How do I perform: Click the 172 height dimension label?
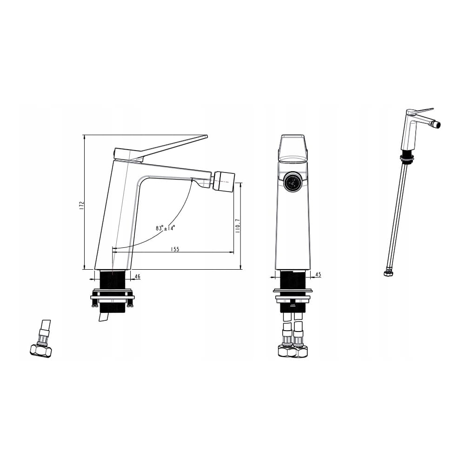pyautogui.click(x=82, y=206)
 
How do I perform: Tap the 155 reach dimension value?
pyautogui.click(x=175, y=249)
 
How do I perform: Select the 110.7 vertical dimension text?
pyautogui.click(x=237, y=226)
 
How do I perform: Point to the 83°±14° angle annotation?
pyautogui.click(x=165, y=228)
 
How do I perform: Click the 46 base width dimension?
pyautogui.click(x=137, y=276)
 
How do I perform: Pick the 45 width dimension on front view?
pyautogui.click(x=318, y=275)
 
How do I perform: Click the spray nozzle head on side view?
pyautogui.click(x=225, y=180)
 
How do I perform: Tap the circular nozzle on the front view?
pyautogui.click(x=292, y=181)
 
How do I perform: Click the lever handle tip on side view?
pyautogui.click(x=206, y=136)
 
